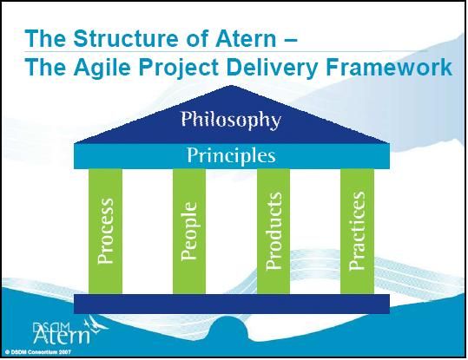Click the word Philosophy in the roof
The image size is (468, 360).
(x=231, y=121)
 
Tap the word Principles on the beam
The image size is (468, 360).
(x=231, y=155)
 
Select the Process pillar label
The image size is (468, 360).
(x=105, y=231)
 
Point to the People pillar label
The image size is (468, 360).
(x=189, y=232)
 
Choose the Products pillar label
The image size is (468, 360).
(x=274, y=231)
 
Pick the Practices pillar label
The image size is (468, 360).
(x=357, y=231)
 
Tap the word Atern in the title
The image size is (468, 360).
(x=246, y=39)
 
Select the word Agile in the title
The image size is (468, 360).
(x=102, y=68)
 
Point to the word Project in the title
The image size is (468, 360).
(x=179, y=68)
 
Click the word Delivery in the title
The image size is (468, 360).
(x=273, y=68)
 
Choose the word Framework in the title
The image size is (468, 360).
(x=389, y=67)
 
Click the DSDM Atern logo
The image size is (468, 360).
(x=69, y=331)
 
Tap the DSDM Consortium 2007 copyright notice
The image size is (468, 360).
(x=38, y=352)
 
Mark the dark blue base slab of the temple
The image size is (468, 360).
(x=232, y=304)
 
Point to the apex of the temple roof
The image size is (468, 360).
(x=230, y=86)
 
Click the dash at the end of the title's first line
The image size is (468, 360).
(x=289, y=39)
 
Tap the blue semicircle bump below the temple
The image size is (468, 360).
(x=228, y=328)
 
